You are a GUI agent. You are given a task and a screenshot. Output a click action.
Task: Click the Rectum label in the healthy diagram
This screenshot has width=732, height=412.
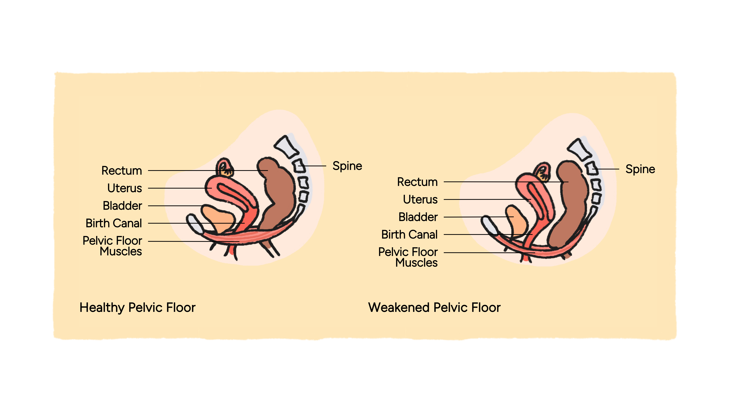click(x=122, y=171)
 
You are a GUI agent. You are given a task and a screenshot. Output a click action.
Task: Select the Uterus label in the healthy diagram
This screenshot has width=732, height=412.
click(x=124, y=188)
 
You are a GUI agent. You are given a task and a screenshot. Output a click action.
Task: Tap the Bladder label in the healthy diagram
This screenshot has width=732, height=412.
click(x=122, y=206)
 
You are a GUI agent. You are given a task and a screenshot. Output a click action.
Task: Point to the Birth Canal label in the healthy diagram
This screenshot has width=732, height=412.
click(x=114, y=223)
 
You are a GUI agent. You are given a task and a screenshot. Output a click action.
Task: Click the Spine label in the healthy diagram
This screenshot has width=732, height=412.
click(x=347, y=166)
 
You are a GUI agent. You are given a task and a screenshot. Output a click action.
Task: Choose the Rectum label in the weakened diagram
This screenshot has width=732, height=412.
click(x=417, y=182)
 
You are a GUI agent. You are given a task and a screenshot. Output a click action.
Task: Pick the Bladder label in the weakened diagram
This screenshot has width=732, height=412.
click(x=418, y=217)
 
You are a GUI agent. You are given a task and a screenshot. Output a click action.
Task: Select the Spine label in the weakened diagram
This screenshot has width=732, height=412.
click(x=640, y=169)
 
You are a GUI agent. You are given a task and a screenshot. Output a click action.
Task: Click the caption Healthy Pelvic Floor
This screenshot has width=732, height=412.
click(x=138, y=307)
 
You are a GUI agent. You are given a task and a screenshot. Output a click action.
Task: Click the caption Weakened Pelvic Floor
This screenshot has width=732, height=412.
click(x=434, y=307)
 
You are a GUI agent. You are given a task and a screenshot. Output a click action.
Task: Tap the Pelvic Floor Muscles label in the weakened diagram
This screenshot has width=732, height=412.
click(x=408, y=257)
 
